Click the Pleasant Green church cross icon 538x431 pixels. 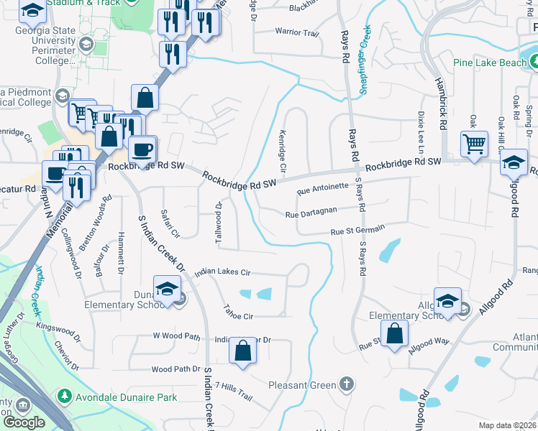pyautogui.click(x=347, y=384)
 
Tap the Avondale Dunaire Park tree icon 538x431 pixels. pyautogui.click(x=65, y=396)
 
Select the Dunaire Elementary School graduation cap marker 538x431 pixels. pyautogui.click(x=167, y=289)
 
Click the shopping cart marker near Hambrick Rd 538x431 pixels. pyautogui.click(x=474, y=144)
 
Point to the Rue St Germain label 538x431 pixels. pyautogui.click(x=357, y=230)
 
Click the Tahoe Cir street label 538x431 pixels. pyautogui.click(x=239, y=315)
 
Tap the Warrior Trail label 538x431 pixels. pyautogui.click(x=296, y=32)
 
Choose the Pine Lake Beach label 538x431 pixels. pyautogui.click(x=490, y=62)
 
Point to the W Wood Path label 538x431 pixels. pyautogui.click(x=175, y=335)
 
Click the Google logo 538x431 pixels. pyautogui.click(x=24, y=422)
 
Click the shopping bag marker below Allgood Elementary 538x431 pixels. pyautogui.click(x=394, y=333)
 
